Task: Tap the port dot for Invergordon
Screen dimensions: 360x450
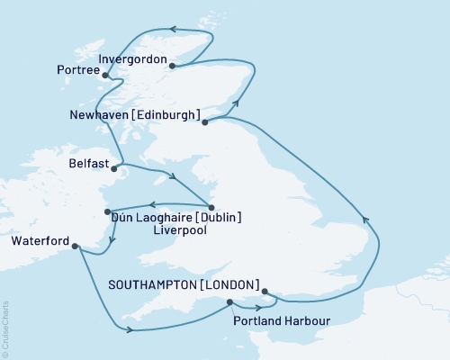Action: pos(172,65)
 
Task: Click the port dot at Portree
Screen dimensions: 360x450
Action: pos(106,76)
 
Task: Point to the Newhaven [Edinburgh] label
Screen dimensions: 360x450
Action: pos(132,116)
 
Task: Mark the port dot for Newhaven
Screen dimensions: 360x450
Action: pos(205,121)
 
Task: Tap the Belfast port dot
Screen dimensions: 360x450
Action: pos(113,166)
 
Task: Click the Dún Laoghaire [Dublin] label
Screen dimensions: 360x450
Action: pos(175,217)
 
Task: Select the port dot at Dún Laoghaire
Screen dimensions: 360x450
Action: pos(107,211)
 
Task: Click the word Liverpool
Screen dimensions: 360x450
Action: pos(179,231)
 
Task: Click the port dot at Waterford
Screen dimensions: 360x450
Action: pos(75,246)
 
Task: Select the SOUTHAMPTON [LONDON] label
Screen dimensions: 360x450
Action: pos(184,284)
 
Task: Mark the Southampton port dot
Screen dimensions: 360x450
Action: pos(264,291)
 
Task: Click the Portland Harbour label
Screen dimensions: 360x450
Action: pos(280,320)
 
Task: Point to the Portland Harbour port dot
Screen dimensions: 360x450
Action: pos(229,302)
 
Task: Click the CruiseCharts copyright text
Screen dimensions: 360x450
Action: pos(5,329)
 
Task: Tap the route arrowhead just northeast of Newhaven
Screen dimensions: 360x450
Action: pos(238,104)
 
